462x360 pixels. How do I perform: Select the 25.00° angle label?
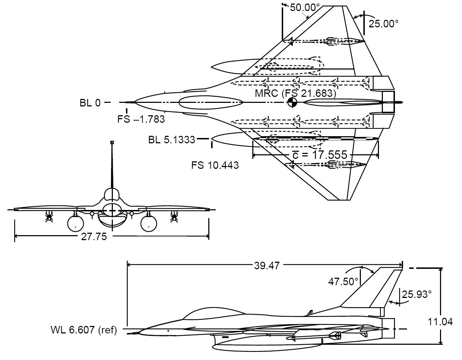click(x=384, y=24)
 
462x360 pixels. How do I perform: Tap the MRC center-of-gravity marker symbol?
click(x=292, y=103)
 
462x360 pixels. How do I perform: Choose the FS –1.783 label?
click(x=141, y=119)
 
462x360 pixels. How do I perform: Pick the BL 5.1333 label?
click(x=172, y=140)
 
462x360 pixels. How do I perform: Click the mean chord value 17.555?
click(x=319, y=155)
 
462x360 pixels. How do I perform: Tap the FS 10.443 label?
click(x=215, y=165)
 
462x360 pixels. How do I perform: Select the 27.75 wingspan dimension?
click(x=94, y=237)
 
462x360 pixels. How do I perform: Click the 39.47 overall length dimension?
click(x=267, y=265)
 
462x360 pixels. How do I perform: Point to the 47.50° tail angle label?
click(x=343, y=282)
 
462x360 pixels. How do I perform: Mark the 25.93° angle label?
click(x=417, y=294)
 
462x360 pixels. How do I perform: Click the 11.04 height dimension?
click(x=443, y=322)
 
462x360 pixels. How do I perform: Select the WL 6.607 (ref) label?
click(x=84, y=330)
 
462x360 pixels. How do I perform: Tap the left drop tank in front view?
click(x=76, y=223)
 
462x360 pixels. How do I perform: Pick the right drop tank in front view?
click(x=149, y=223)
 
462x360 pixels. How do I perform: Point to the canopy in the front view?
click(x=112, y=196)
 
